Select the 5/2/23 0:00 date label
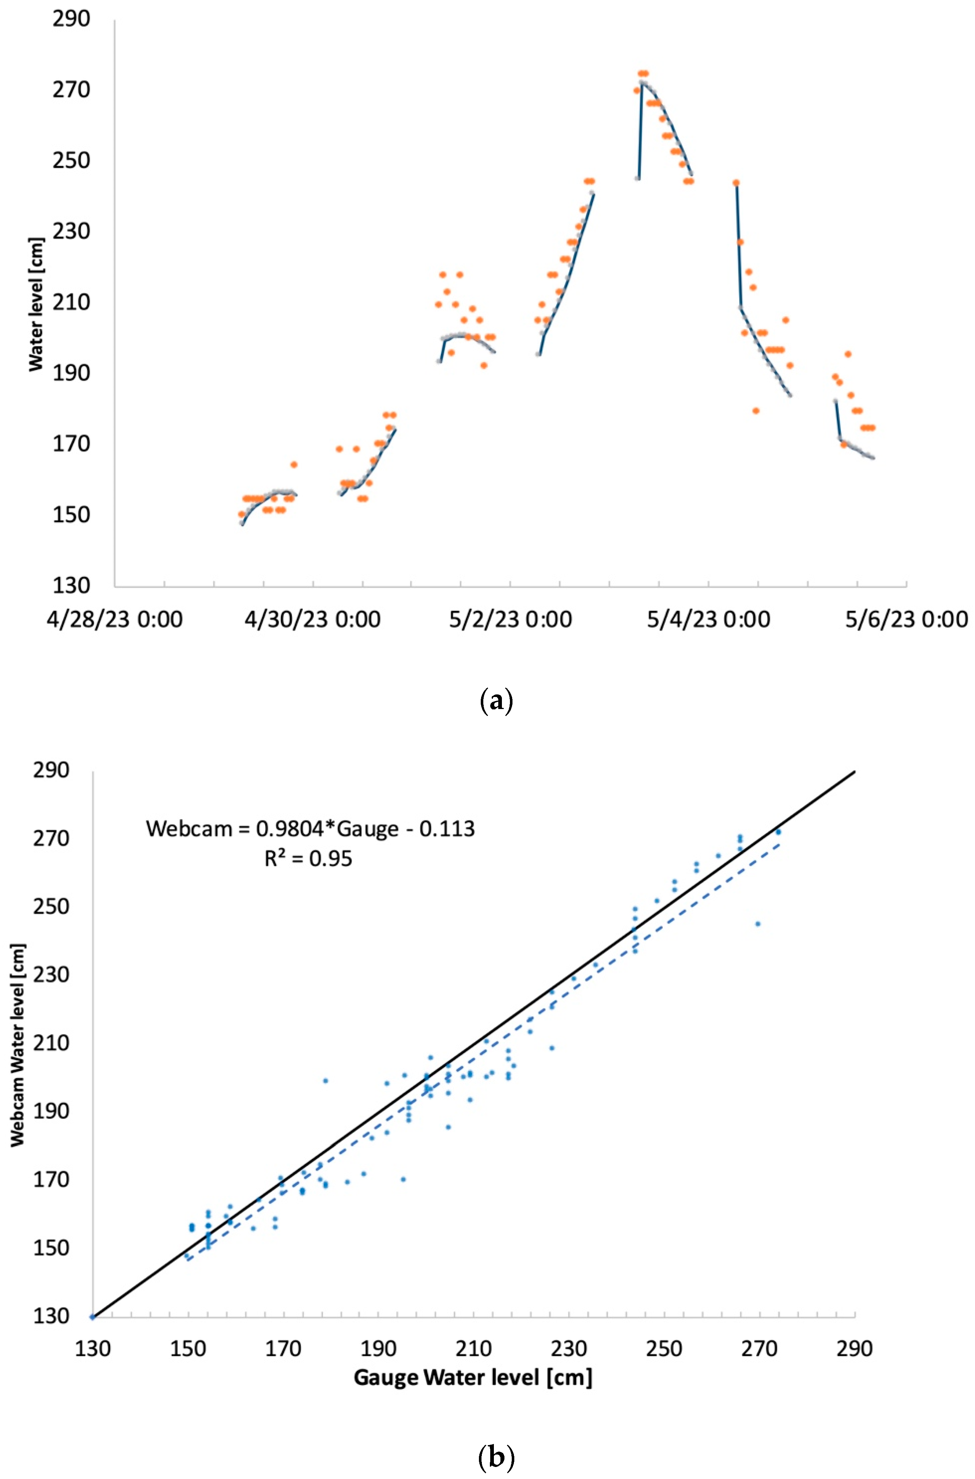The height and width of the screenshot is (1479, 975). click(x=510, y=620)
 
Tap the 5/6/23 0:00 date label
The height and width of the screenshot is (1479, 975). click(x=906, y=620)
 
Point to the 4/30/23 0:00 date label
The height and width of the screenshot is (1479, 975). click(x=312, y=620)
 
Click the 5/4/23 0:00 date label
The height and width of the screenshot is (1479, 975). click(x=708, y=620)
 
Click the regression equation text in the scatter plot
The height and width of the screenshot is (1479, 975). click(x=310, y=828)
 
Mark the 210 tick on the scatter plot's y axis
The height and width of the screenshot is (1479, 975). click(x=51, y=1043)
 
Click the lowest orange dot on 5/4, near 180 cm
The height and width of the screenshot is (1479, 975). click(x=755, y=411)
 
